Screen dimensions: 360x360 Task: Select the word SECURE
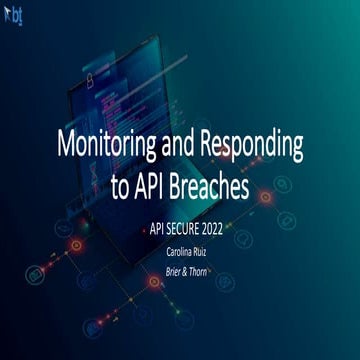click(x=184, y=229)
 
